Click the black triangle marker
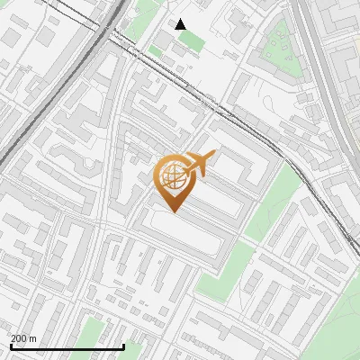click(181, 24)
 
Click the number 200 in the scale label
click(20, 338)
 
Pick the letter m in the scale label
click(33, 338)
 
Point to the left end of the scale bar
click(11, 346)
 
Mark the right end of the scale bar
click(123, 346)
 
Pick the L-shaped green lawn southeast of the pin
click(220, 270)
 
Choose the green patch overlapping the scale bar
click(130, 349)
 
